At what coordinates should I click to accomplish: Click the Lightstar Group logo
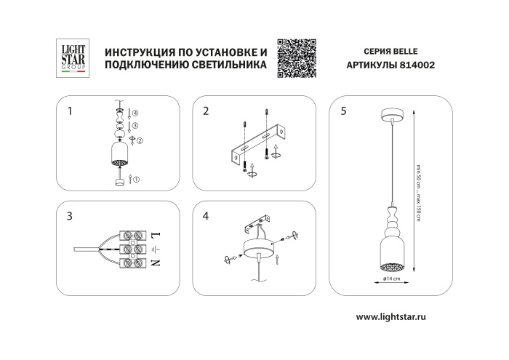pos(72,57)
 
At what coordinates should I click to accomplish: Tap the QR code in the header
pos(298,57)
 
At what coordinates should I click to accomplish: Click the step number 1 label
pos(70,111)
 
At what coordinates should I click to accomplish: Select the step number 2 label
pos(207,111)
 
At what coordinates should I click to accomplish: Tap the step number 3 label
pos(70,216)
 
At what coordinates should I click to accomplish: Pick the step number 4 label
pos(207,216)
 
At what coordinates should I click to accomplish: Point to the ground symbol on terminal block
pos(156,249)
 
